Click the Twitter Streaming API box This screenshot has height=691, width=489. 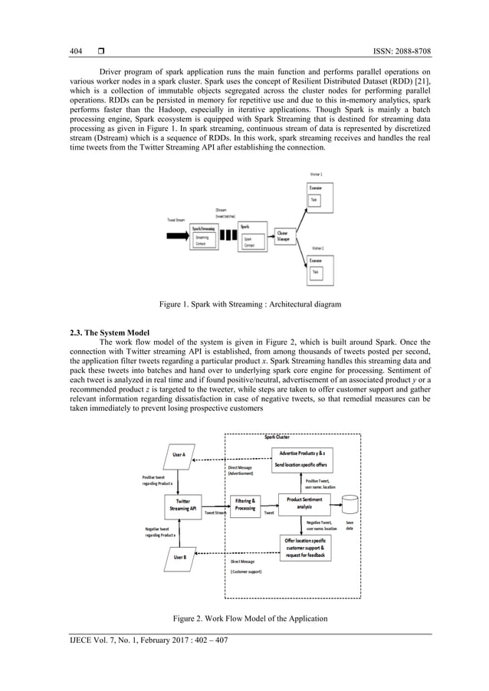pyautogui.click(x=183, y=504)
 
